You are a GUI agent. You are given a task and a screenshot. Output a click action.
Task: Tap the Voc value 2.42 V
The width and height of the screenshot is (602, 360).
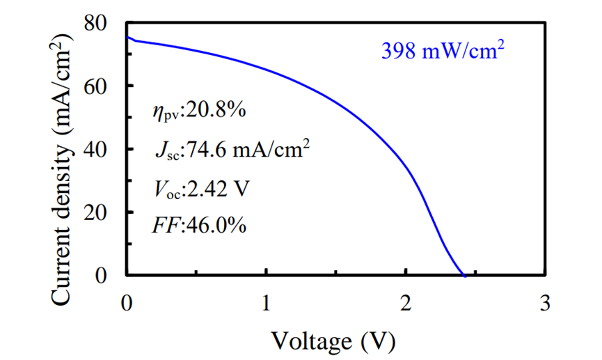220,187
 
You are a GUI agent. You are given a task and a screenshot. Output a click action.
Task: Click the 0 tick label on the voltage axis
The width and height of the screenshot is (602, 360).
126,304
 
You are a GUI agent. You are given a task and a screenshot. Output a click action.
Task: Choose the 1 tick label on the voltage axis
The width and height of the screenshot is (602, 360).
266,304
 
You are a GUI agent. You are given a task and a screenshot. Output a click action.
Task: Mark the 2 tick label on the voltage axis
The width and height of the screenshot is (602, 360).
406,304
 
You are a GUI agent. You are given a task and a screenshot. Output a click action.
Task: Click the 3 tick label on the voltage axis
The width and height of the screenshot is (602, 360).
545,304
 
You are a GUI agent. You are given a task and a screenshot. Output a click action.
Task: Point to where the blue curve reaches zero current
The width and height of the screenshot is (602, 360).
464,276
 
